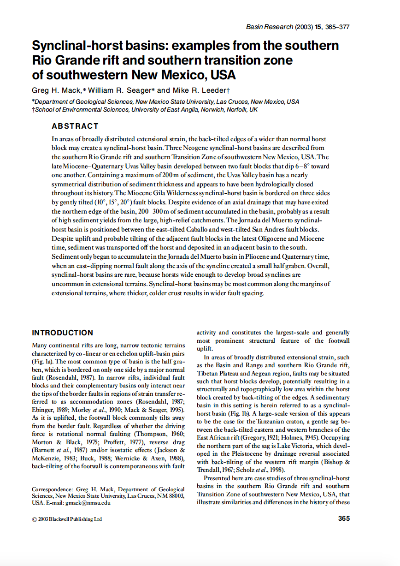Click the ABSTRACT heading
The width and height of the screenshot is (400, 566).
pyautogui.click(x=75, y=126)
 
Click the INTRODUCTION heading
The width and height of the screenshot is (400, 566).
pyautogui.click(x=62, y=333)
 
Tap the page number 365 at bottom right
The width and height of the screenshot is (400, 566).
pyautogui.click(x=344, y=518)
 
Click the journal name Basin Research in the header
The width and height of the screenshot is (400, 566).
pyautogui.click(x=267, y=27)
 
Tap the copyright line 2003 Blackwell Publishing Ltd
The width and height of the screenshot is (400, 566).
pyautogui.click(x=70, y=519)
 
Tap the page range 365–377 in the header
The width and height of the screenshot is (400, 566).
pyautogui.click(x=337, y=27)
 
